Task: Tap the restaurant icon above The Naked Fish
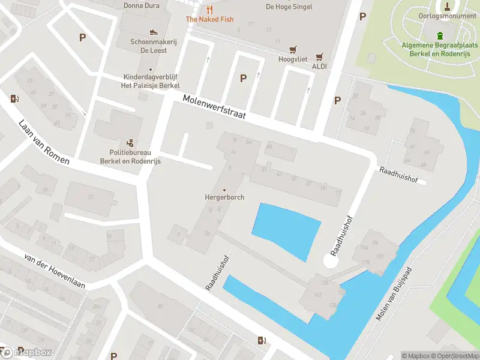point(209,10)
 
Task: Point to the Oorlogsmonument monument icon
point(447,7)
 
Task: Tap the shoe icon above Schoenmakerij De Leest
point(154,32)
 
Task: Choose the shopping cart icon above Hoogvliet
point(293,50)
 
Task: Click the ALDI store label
point(319,66)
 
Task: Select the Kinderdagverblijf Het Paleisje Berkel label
point(151,81)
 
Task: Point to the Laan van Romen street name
point(44,142)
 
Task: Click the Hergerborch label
point(224,197)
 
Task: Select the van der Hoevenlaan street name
point(54,271)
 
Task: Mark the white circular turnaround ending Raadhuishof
point(331,261)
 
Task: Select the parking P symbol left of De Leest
point(82,37)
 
